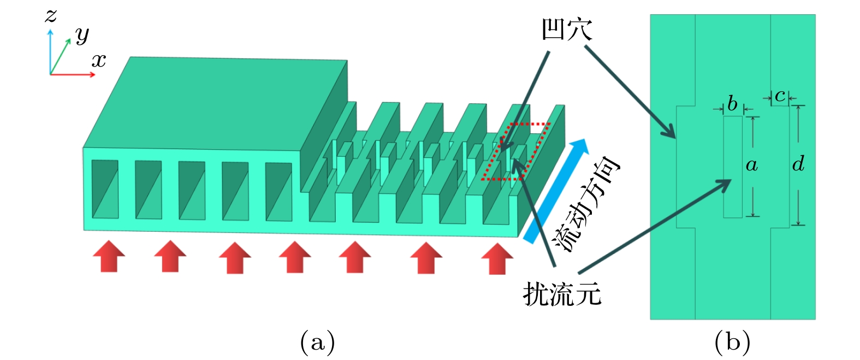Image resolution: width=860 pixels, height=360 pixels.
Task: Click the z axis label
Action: coord(51,15)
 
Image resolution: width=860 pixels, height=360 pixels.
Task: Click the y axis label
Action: coord(82,35)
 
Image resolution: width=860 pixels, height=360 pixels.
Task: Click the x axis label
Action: coord(99,60)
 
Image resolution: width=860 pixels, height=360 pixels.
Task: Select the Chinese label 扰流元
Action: coord(562,295)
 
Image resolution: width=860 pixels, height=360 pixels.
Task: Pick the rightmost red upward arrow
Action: coord(497,258)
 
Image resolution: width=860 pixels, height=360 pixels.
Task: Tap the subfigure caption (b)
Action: coord(732,343)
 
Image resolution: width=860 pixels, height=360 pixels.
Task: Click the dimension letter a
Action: coord(752,164)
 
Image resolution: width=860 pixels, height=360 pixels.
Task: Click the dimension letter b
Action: coord(732,103)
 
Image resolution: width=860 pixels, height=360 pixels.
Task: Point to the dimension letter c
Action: coord(780,96)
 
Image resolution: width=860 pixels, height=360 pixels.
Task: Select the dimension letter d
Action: coord(798,163)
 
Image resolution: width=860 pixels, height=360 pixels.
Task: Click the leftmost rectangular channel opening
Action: coord(105,189)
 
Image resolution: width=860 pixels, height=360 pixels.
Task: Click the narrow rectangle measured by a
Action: coord(733,167)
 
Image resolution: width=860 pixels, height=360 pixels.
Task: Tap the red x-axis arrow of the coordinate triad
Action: coord(74,74)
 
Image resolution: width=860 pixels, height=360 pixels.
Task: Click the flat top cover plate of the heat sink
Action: coord(218,101)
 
